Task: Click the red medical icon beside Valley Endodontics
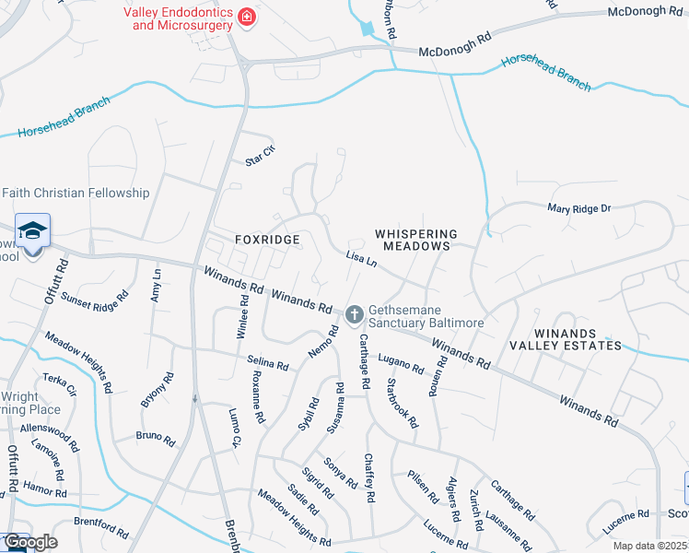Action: coord(246,17)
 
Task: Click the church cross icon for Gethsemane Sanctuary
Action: coord(353,316)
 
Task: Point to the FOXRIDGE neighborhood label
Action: coord(267,240)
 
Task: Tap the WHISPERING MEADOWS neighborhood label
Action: coord(416,241)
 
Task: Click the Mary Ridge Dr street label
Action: coord(579,209)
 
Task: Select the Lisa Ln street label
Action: coord(362,261)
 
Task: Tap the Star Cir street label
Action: coord(260,157)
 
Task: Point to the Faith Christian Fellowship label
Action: coord(76,193)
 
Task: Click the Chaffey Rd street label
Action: coord(369,477)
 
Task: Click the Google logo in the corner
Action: coord(29,542)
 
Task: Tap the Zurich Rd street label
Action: coord(476,510)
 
